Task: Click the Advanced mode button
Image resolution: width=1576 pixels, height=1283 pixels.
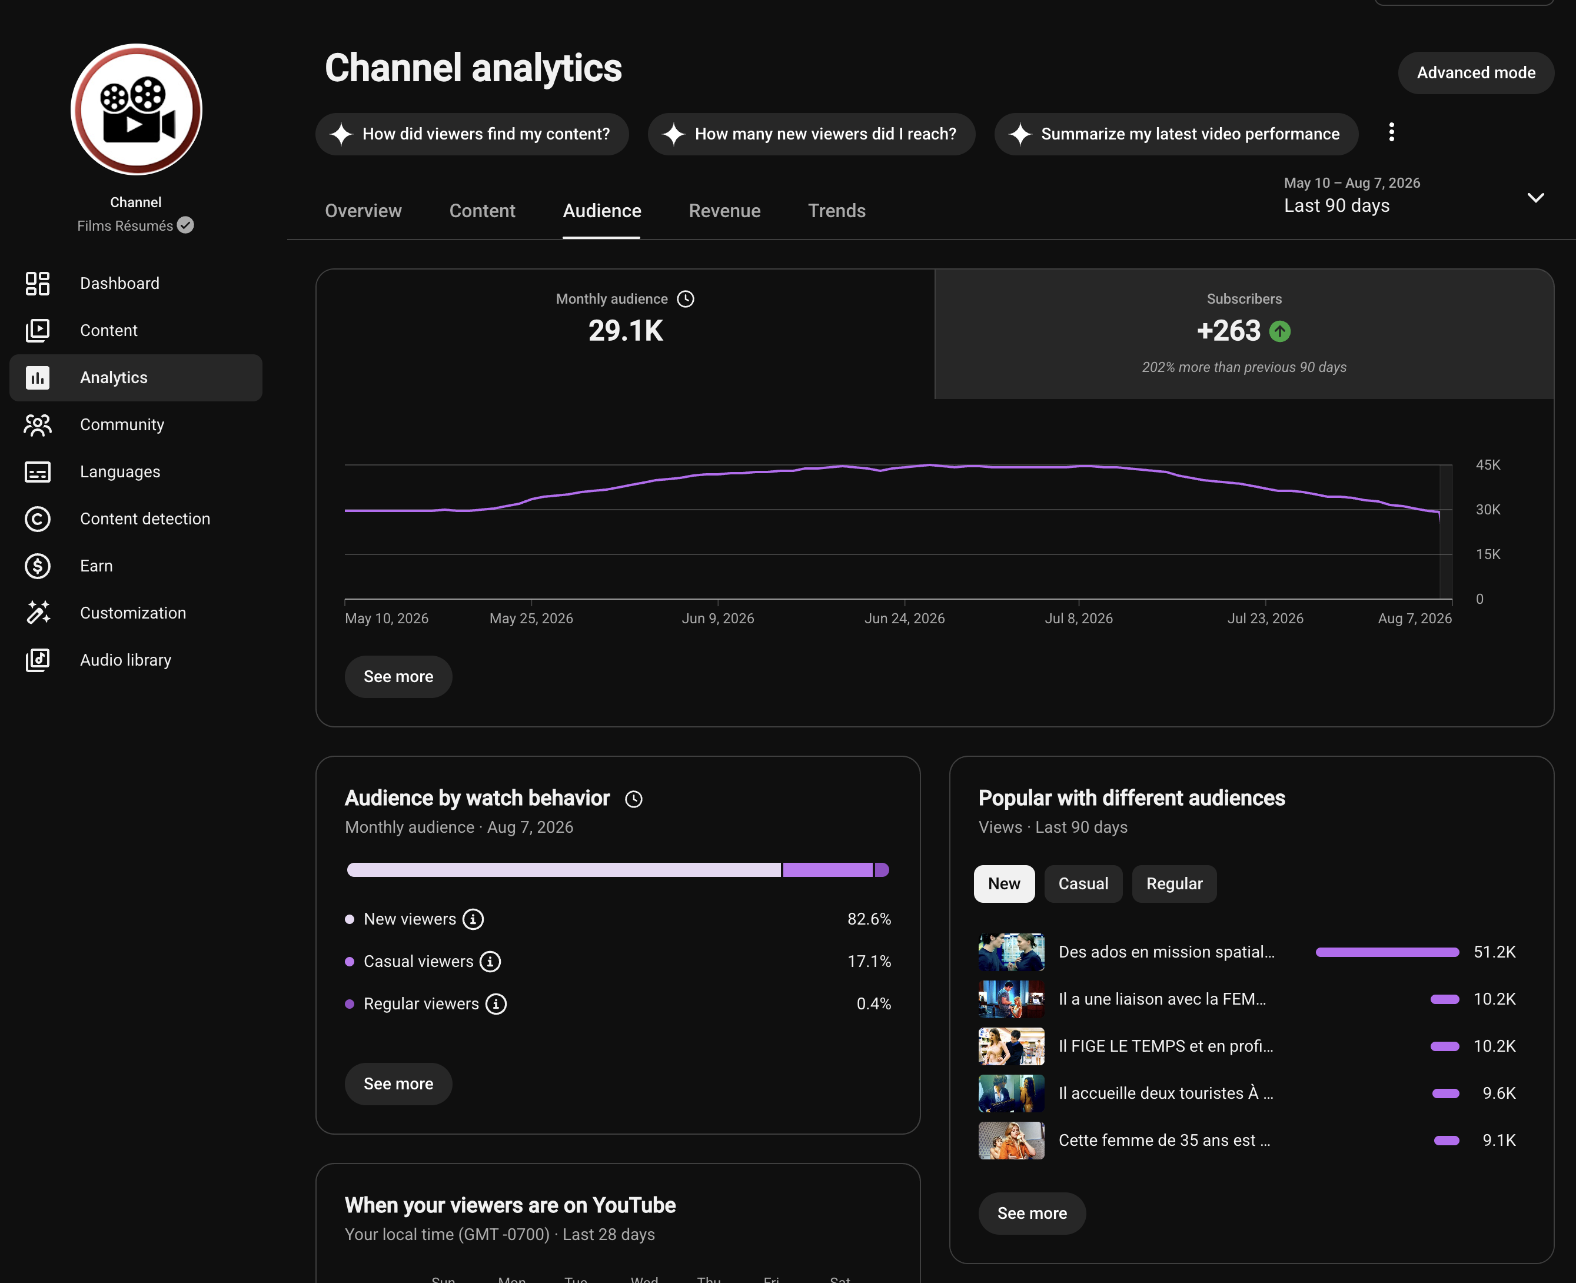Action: pos(1475,72)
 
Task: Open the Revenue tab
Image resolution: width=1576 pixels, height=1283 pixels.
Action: pos(724,211)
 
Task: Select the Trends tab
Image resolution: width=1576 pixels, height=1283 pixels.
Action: pos(836,211)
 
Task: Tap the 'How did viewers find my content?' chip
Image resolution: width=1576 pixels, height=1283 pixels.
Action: pos(472,134)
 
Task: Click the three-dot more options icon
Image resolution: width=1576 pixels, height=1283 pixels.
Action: pos(1391,132)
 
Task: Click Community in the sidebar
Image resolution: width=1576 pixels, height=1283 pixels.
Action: pos(122,424)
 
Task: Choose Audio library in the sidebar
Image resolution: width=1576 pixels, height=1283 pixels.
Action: pos(125,660)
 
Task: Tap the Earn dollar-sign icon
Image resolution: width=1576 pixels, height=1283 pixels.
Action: pos(38,566)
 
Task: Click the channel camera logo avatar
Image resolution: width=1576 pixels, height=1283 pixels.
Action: pos(136,109)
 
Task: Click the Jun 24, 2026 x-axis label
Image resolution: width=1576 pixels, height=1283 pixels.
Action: pos(905,619)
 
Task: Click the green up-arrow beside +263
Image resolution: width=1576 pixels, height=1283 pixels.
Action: pos(1280,331)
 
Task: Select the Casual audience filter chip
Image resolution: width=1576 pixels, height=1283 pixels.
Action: pos(1083,884)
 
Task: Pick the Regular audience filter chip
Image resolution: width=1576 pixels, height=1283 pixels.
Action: pos(1174,884)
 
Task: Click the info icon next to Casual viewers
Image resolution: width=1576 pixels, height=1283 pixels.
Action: pos(490,962)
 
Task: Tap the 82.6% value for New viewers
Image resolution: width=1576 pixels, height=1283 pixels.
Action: pos(869,919)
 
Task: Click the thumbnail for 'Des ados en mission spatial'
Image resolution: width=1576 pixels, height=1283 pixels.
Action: pos(1011,952)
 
